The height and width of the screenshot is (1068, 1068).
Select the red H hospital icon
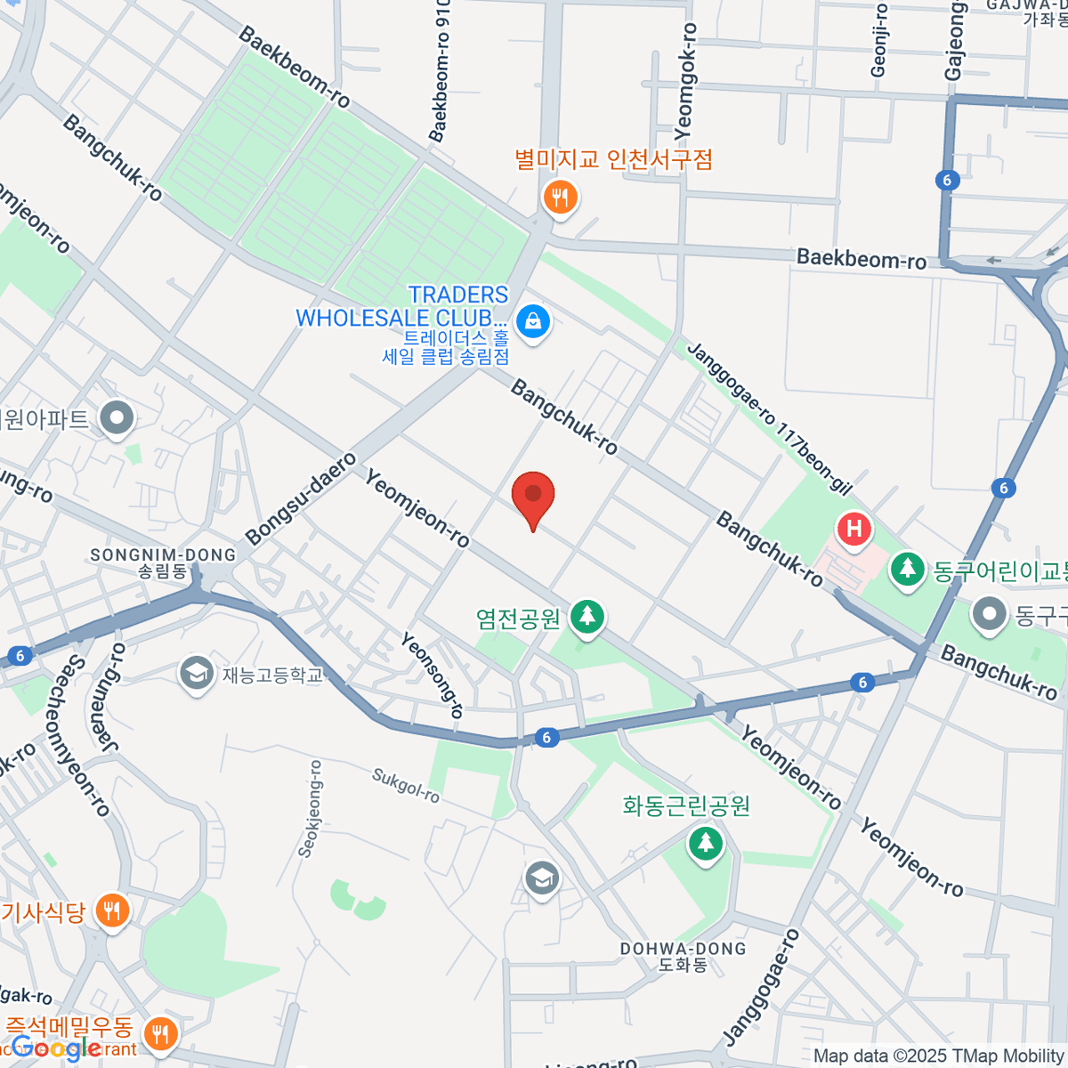(854, 530)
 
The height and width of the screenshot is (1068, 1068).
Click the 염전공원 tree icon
(587, 617)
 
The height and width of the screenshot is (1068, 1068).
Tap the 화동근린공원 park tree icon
(706, 842)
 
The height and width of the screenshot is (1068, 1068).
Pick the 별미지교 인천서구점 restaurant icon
(560, 198)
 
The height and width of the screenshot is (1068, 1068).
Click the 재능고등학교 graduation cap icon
(196, 674)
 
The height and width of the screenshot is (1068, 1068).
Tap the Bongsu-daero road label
(301, 498)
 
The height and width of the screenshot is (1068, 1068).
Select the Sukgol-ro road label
(406, 787)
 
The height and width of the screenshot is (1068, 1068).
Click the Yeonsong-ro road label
(433, 675)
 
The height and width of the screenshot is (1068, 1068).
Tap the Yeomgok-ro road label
(685, 82)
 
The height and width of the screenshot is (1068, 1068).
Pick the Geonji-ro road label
(879, 40)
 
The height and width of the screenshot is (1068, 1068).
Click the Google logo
(55, 1048)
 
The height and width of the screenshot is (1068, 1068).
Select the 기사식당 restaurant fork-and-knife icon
(112, 911)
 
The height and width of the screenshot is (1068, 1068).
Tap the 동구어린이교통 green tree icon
(907, 570)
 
